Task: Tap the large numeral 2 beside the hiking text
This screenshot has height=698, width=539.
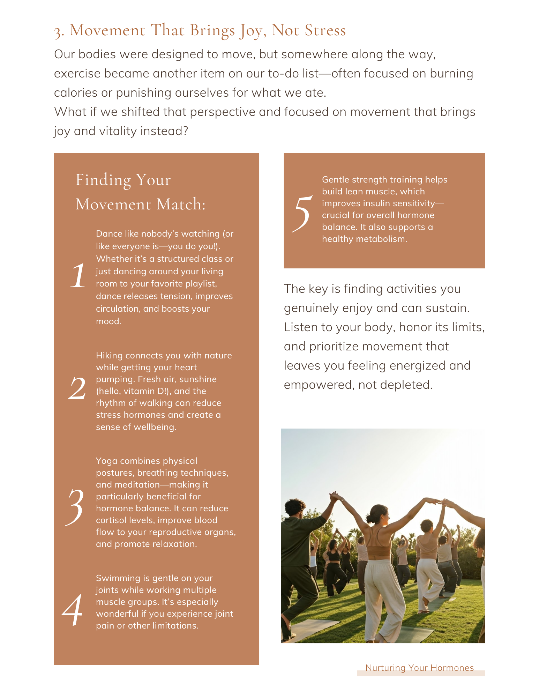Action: (x=77, y=388)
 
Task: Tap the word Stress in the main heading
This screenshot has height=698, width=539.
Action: (x=325, y=30)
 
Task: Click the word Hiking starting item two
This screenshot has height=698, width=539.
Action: (x=109, y=355)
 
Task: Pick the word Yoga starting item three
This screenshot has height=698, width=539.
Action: (x=106, y=461)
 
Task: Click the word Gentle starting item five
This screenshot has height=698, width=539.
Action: (x=335, y=179)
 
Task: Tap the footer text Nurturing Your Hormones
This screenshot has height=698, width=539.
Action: (x=419, y=668)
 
